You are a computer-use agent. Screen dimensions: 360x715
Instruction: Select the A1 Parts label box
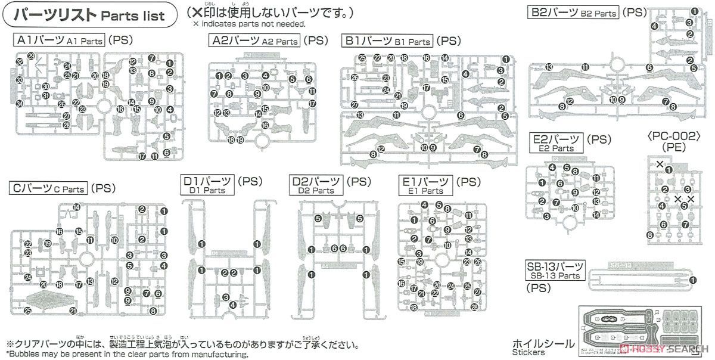click(59, 41)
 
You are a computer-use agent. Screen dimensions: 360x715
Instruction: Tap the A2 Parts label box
click(254, 41)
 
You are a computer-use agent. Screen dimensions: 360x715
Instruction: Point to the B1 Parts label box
click(387, 41)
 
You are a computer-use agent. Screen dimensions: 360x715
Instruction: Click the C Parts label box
click(48, 189)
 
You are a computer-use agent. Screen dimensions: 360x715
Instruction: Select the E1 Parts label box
click(425, 184)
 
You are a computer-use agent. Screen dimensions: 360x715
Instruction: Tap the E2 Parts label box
click(557, 143)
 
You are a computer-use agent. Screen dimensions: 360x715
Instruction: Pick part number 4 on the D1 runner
click(233, 304)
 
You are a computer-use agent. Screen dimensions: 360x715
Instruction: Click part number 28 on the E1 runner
click(474, 306)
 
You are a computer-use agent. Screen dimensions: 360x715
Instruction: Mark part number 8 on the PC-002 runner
click(649, 235)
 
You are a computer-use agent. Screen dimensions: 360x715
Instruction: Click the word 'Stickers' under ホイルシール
click(527, 353)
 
